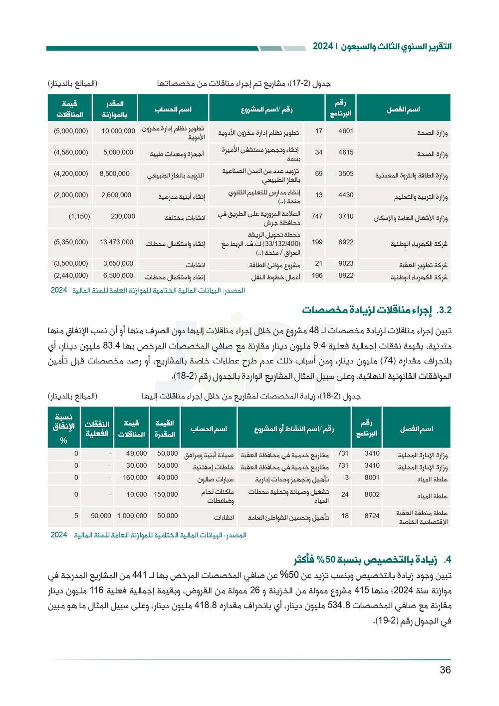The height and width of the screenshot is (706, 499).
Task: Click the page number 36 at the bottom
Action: coord(445,670)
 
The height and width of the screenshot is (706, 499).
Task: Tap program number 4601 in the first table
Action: coord(346,131)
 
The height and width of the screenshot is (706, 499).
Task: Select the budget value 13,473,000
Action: coord(116,242)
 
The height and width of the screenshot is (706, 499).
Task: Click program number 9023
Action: coord(346,263)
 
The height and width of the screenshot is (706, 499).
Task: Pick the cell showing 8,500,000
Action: coord(114,173)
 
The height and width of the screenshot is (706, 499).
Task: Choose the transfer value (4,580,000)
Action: coord(71,152)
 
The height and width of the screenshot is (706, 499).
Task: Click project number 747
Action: coord(317,216)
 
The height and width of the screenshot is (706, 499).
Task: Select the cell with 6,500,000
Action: coord(118,275)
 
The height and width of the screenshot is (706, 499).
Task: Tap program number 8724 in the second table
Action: coord(372,516)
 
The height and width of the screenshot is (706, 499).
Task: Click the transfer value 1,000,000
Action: coord(132,516)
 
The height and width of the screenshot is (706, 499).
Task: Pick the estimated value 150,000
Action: coord(166,494)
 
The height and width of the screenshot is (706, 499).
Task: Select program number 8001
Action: coord(372,477)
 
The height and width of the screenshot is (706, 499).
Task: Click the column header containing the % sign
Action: coord(64,428)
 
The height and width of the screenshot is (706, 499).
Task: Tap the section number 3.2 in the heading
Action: coord(444,310)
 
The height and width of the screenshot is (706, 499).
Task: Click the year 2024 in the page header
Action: coord(322,46)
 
